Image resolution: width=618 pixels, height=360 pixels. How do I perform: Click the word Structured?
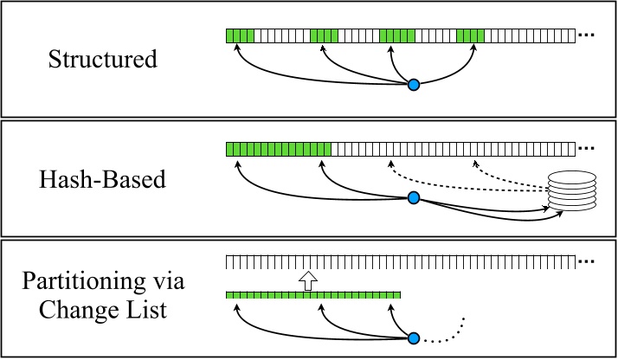pos(103,60)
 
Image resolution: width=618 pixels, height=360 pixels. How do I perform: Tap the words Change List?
pos(103,310)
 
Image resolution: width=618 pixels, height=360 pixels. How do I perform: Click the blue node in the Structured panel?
pos(414,85)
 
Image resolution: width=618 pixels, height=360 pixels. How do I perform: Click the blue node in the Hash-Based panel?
pos(414,199)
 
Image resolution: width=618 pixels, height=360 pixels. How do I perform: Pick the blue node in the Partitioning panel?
pos(414,339)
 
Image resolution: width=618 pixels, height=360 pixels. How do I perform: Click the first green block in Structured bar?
pos(241,35)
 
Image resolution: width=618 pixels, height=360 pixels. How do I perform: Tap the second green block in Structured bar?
pos(324,35)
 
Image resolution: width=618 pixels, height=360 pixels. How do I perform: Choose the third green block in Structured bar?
pos(397,35)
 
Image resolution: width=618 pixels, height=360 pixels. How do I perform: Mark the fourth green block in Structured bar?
pos(470,35)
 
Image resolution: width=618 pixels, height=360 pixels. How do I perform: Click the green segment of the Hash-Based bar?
pos(279,149)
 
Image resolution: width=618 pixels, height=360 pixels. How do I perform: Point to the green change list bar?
pos(313,295)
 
